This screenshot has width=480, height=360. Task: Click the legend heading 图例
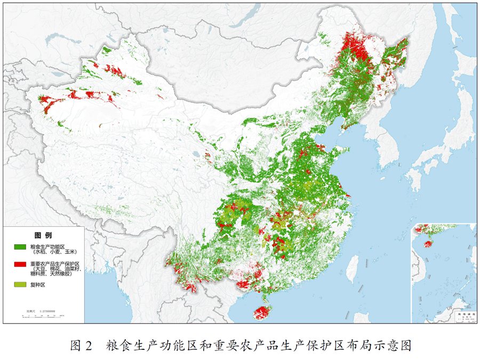click(x=43, y=235)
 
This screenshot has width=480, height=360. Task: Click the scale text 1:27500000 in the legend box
click(x=42, y=310)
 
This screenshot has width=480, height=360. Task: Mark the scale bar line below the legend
click(x=43, y=316)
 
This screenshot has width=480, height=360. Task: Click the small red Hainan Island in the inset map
click(x=428, y=244)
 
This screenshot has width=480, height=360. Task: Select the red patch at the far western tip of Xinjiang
click(x=47, y=104)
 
